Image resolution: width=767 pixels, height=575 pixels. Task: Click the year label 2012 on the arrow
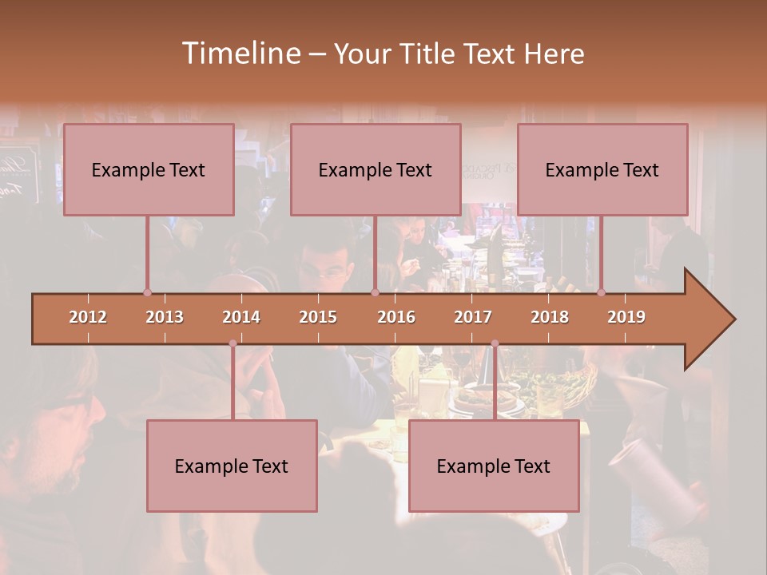coord(88,317)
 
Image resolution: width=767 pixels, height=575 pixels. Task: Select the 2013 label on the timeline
coord(165,317)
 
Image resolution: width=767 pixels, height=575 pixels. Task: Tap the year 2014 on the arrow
coord(241,317)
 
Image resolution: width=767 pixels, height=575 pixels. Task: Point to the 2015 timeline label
coord(318,317)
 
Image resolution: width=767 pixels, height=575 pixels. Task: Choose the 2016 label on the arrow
coord(396,317)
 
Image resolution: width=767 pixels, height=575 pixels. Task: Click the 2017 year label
coord(473,317)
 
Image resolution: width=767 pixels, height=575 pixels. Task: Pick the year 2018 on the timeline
coord(550,317)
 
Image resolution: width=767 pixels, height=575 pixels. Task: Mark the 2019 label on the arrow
coord(626,317)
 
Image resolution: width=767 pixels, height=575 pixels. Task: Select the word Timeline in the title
coord(240,54)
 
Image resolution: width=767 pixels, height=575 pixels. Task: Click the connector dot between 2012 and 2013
coord(147,292)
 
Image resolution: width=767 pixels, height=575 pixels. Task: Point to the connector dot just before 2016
coord(375,292)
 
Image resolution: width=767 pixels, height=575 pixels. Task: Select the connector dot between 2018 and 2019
coord(601,292)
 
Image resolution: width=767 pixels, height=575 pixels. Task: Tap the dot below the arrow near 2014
coord(232,343)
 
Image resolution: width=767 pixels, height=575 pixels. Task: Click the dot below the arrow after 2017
coord(495,343)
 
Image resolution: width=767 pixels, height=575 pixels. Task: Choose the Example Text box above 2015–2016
coord(376,169)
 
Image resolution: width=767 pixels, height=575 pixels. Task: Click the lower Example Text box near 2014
coord(232,466)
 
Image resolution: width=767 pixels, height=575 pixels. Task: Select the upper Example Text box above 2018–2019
coord(602,169)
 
